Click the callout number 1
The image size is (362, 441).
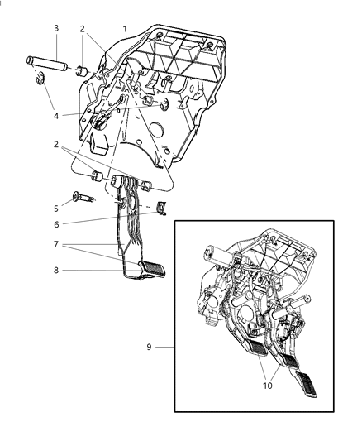[125, 28]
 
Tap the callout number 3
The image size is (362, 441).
[56, 28]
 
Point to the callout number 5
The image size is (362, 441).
[56, 209]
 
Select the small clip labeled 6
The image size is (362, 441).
[162, 206]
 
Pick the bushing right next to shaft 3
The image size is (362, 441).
[83, 69]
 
